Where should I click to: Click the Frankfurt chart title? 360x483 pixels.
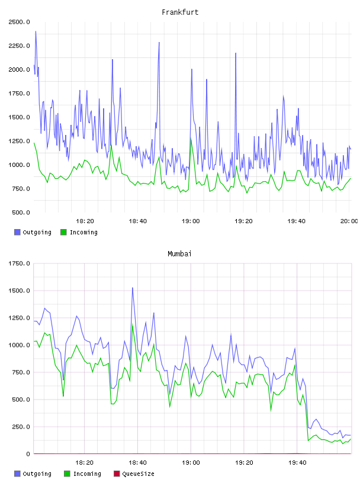click(180, 12)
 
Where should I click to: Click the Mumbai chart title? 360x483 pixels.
click(179, 254)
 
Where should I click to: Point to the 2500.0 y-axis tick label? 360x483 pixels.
click(19, 22)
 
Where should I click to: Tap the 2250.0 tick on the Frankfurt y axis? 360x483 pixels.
click(19, 46)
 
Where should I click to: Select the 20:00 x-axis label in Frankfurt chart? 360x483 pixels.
click(349, 221)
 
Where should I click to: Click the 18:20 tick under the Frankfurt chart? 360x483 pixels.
click(85, 221)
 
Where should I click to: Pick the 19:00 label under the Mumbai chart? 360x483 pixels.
click(191, 463)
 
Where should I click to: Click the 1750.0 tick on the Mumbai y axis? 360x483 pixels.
click(19, 263)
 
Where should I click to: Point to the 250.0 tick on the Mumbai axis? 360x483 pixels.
click(21, 427)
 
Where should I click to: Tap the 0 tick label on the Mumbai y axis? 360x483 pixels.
click(28, 454)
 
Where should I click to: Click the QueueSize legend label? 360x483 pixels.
click(138, 474)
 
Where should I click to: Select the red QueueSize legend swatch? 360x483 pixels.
click(117, 474)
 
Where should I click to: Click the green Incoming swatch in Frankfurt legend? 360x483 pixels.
click(63, 232)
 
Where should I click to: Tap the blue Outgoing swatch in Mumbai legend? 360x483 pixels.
click(17, 474)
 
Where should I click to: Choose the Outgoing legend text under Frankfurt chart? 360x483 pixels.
click(37, 232)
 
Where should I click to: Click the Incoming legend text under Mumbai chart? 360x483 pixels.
click(87, 474)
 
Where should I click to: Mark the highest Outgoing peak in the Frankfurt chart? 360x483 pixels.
click(36, 31)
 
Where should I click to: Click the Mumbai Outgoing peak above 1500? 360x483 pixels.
click(133, 288)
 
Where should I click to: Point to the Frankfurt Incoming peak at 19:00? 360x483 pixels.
click(191, 139)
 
